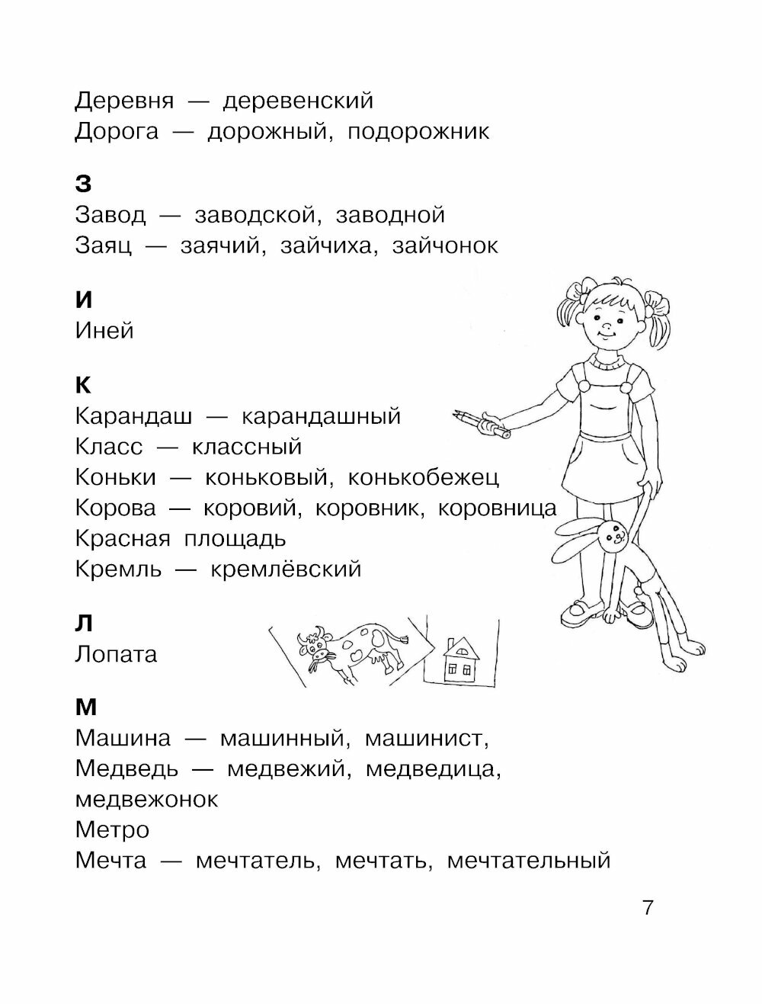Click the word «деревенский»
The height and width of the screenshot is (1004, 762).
click(x=290, y=101)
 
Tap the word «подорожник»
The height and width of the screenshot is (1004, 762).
click(x=418, y=132)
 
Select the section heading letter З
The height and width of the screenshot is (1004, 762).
click(x=84, y=184)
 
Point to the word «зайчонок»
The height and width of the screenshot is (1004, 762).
click(x=445, y=246)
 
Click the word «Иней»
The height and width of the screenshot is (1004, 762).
click(x=105, y=331)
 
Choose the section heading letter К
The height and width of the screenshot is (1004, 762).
click(x=84, y=385)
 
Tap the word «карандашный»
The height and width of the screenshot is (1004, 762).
click(x=321, y=416)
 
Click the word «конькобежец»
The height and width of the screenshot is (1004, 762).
click(x=424, y=478)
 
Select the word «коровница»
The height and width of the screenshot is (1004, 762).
click(x=498, y=508)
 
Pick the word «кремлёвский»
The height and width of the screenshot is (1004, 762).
click(x=285, y=569)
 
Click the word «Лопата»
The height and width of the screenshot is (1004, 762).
click(x=117, y=654)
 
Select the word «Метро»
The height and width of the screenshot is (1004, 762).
click(x=113, y=830)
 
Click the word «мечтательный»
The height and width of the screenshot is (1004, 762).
click(x=529, y=861)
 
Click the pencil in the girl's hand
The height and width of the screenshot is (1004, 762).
click(x=482, y=425)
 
